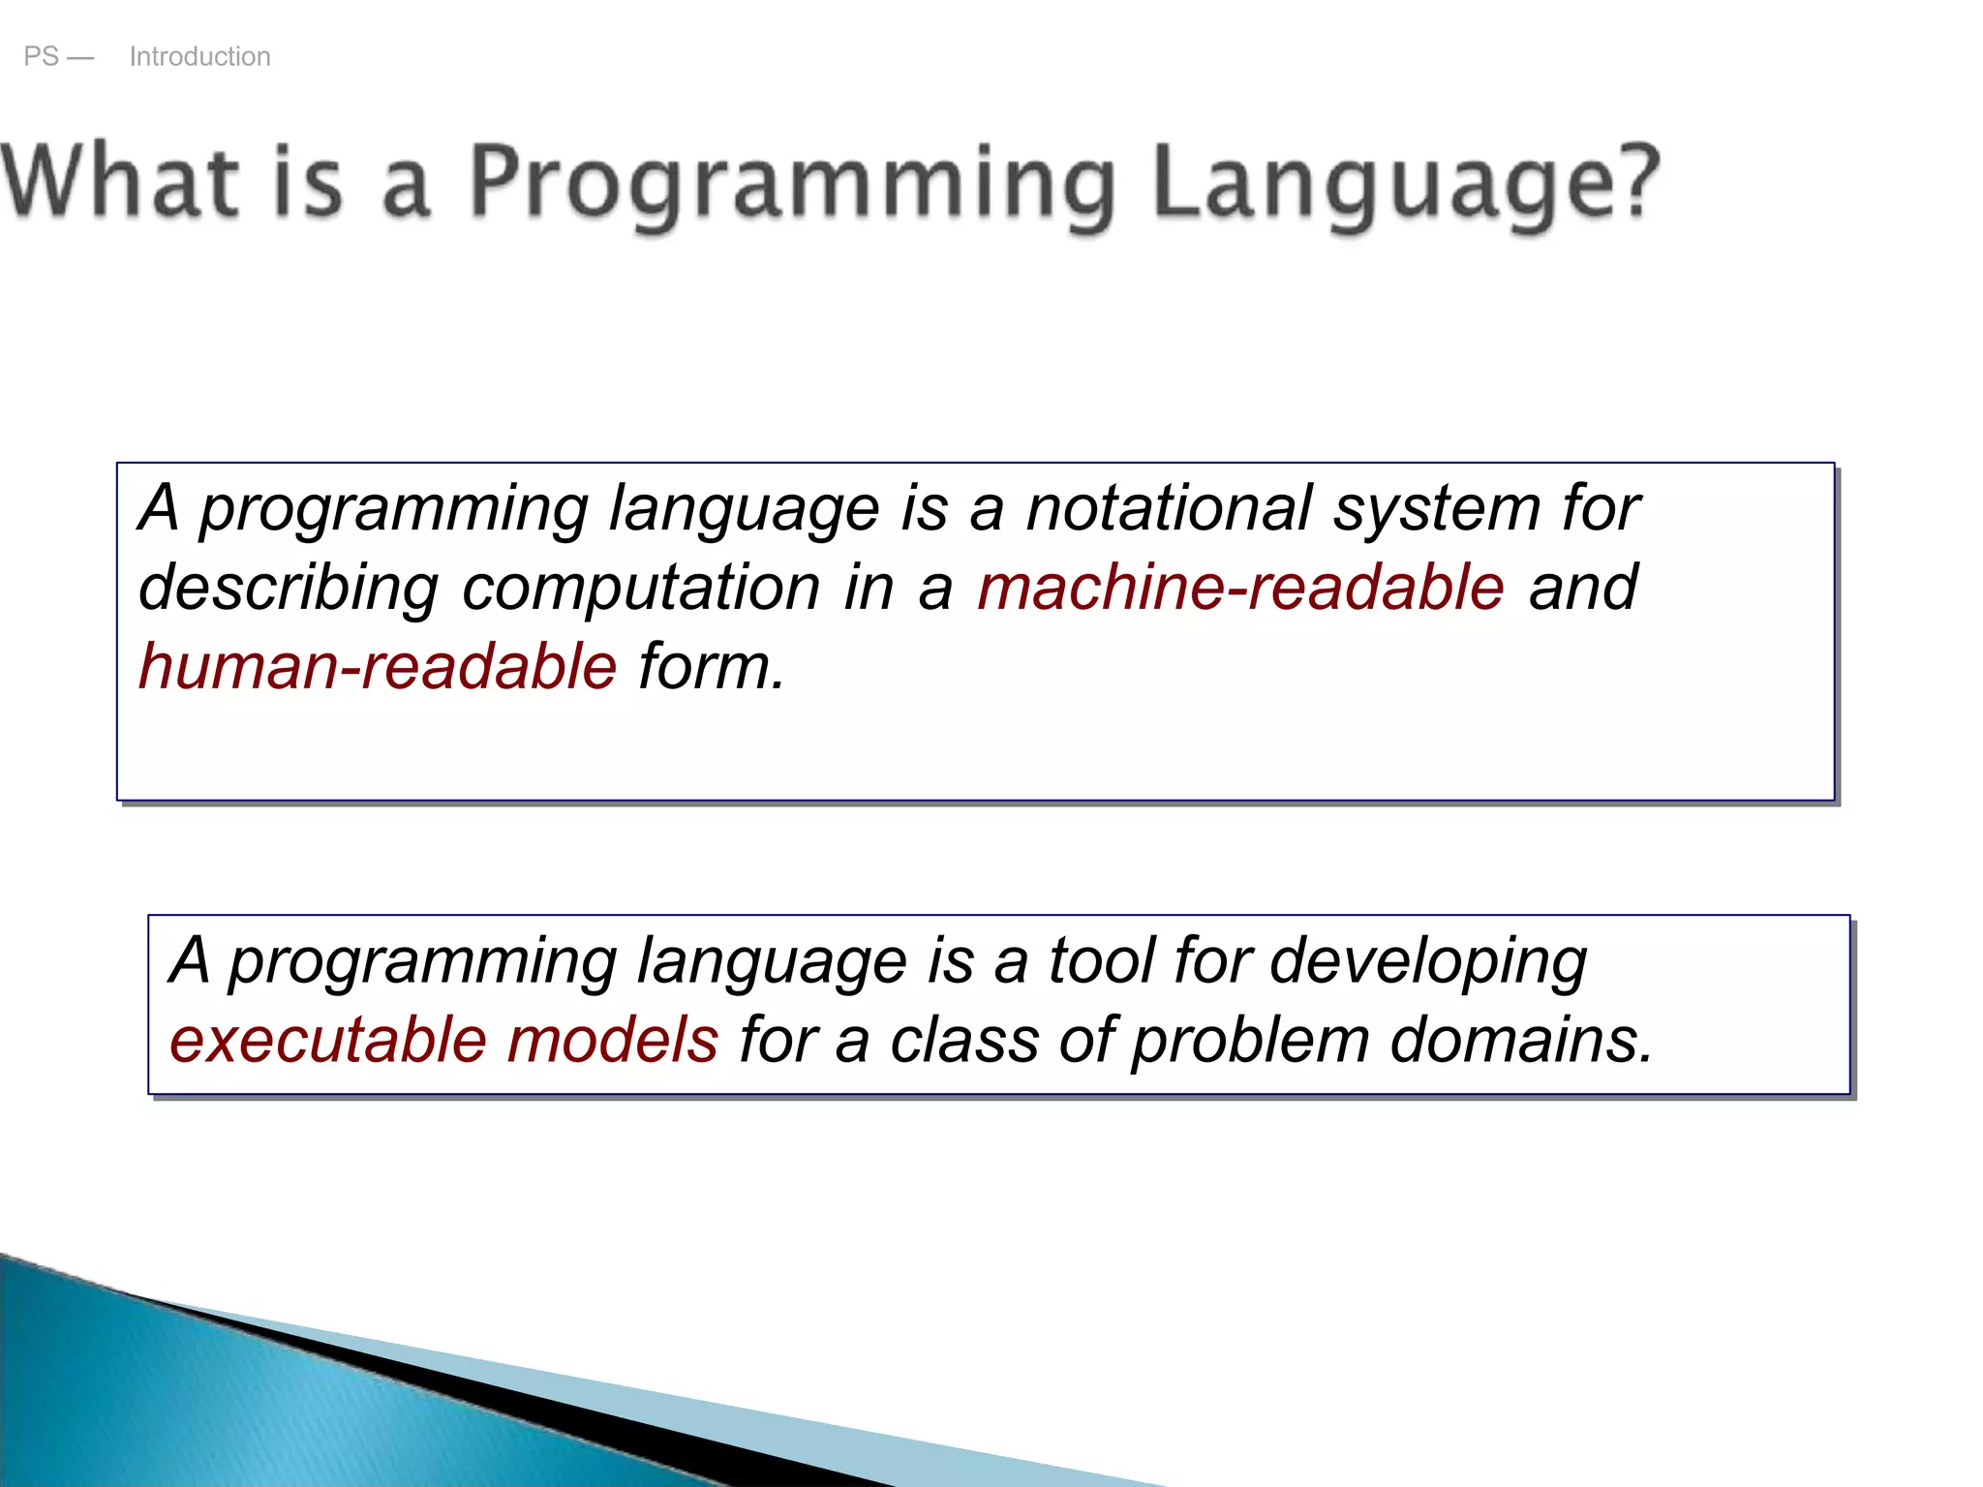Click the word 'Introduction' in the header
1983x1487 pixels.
199,56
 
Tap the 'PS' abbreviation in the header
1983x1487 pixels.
41,56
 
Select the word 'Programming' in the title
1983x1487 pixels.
792,184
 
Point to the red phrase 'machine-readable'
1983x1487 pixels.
1240,587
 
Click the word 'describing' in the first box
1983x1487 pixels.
289,589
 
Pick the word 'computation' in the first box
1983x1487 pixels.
641,589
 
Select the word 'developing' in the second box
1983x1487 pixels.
1427,962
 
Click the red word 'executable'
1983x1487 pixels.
327,1040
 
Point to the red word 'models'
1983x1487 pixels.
612,1040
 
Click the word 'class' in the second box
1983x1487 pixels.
963,1040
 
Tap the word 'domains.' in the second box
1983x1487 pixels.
1521,1040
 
